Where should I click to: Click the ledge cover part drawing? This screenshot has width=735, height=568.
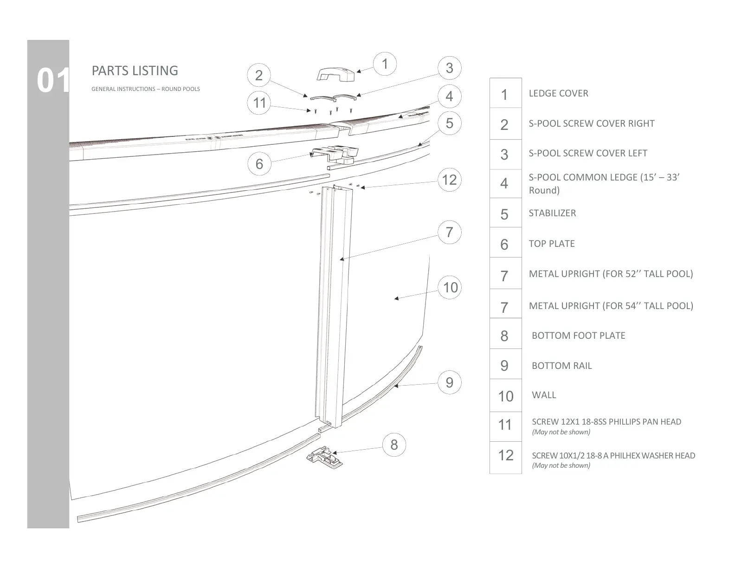pos(335,74)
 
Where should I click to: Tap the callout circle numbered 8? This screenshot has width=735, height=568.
pos(394,445)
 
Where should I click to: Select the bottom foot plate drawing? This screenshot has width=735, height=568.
pos(325,457)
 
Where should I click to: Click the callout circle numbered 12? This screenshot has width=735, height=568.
pos(449,180)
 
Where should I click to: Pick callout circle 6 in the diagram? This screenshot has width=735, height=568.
pos(259,163)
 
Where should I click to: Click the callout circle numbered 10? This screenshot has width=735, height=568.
pos(450,287)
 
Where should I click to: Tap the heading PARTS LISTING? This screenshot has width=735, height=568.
pos(135,71)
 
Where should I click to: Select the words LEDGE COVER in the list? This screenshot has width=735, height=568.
pos(558,93)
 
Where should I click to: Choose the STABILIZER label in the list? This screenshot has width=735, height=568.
pos(552,213)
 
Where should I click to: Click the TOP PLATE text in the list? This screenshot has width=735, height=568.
pos(552,244)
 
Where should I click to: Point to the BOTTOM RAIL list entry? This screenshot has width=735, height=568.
pos(561,366)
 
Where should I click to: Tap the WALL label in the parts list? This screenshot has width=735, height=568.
pos(544,395)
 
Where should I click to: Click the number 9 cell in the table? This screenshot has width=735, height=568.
pos(505,366)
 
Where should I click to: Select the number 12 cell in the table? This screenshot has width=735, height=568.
pos(505,455)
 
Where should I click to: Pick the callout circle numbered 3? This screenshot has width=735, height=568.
pos(449,68)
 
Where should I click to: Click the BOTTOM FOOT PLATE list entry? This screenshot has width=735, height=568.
pos(578,336)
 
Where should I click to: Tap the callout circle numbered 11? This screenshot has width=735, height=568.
pos(259,102)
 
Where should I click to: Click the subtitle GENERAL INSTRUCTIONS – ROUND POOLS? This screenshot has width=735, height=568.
pos(145,89)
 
